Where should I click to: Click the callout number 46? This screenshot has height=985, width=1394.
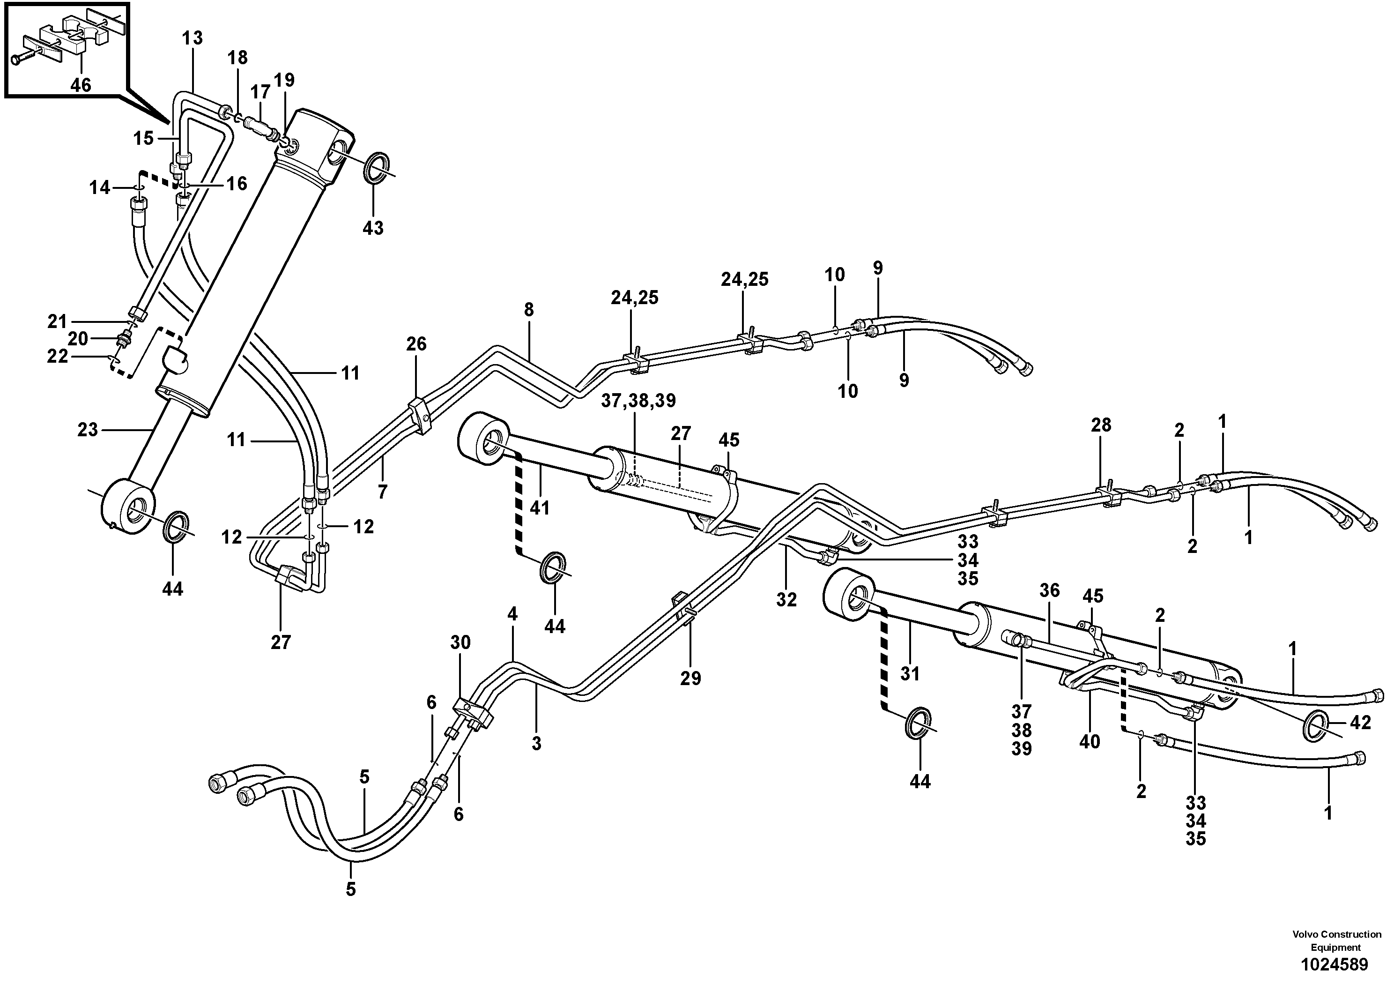(x=80, y=84)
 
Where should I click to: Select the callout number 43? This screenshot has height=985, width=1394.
(x=373, y=228)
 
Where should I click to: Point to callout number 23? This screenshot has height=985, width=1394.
(x=88, y=430)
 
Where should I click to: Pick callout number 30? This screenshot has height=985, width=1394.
(x=460, y=642)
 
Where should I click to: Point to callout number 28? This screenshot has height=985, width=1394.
(x=1101, y=425)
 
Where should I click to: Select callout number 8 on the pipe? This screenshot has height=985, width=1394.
(x=529, y=310)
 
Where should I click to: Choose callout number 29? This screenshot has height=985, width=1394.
(x=690, y=678)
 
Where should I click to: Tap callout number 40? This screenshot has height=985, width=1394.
(x=1090, y=741)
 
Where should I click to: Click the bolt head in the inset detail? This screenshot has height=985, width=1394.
(x=15, y=60)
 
